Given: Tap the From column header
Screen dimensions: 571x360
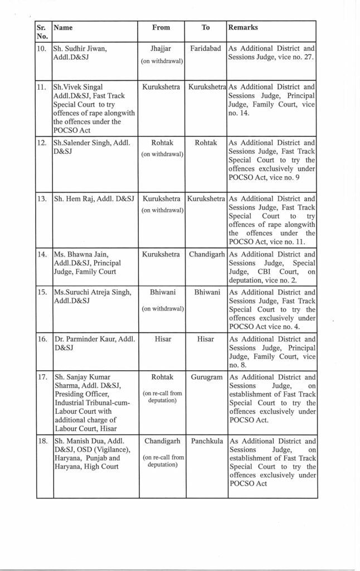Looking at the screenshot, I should tap(161, 27).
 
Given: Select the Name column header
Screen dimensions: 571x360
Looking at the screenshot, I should tap(64, 27).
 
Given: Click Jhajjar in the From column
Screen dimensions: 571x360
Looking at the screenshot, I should tap(161, 49).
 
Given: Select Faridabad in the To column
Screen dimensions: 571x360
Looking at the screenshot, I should tap(207, 49).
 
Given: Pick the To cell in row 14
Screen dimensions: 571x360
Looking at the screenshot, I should tap(207, 254).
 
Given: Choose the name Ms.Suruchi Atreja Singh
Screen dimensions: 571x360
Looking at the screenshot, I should tap(92, 292).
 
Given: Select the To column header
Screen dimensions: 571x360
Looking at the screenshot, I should tap(206, 27).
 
